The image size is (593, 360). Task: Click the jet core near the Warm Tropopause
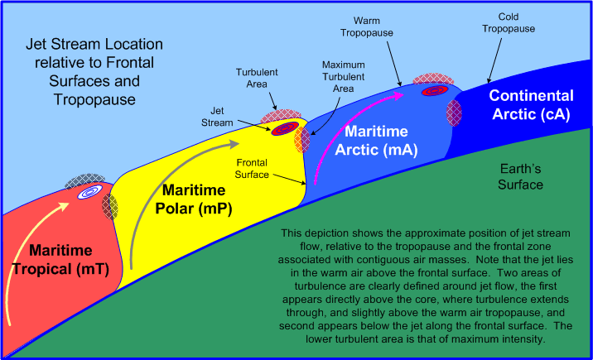[431, 90]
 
